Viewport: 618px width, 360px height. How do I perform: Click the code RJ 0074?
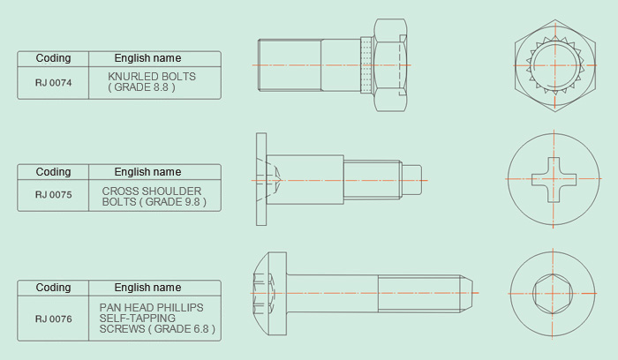(53, 83)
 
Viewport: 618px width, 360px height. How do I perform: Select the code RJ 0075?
(53, 195)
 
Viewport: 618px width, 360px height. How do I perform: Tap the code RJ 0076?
(53, 319)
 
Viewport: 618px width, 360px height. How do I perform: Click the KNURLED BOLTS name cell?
(154, 83)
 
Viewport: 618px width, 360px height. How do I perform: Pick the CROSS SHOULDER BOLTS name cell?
(154, 195)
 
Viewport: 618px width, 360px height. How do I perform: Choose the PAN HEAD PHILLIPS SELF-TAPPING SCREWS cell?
(154, 319)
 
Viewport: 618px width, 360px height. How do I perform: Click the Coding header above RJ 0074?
(53, 58)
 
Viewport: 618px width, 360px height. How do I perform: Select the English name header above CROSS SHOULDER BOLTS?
(147, 172)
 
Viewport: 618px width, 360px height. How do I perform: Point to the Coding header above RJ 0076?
(53, 288)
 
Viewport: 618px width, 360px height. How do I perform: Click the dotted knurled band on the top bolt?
(366, 65)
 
